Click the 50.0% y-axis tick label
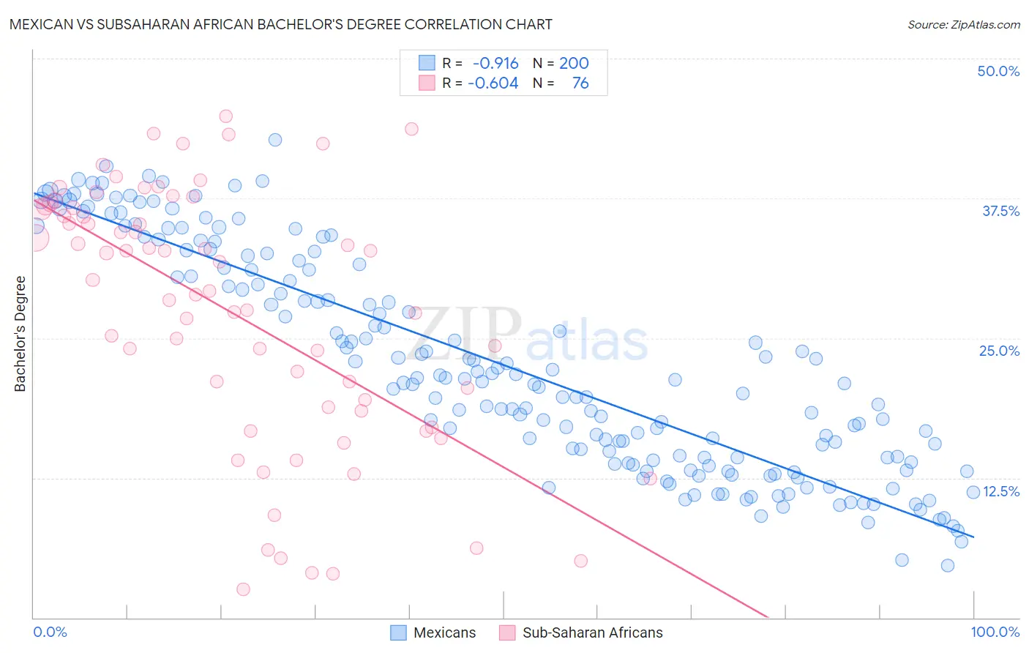[x=998, y=71]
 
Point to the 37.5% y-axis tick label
[x=1000, y=211]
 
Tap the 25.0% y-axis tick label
[x=999, y=351]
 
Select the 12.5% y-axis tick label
[x=1001, y=491]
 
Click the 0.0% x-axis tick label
[x=50, y=632]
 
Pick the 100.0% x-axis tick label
[x=995, y=632]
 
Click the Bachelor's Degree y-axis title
[x=20, y=333]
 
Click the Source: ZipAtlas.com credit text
[x=963, y=24]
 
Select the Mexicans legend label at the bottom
[x=444, y=633]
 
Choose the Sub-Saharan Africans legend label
[x=592, y=633]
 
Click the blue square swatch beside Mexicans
[x=398, y=633]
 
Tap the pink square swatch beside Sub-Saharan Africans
[x=507, y=633]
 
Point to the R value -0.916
[x=495, y=63]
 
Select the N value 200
[x=574, y=63]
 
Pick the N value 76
[x=580, y=83]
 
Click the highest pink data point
[x=226, y=116]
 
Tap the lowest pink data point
[x=243, y=589]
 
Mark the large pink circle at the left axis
[x=34, y=237]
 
